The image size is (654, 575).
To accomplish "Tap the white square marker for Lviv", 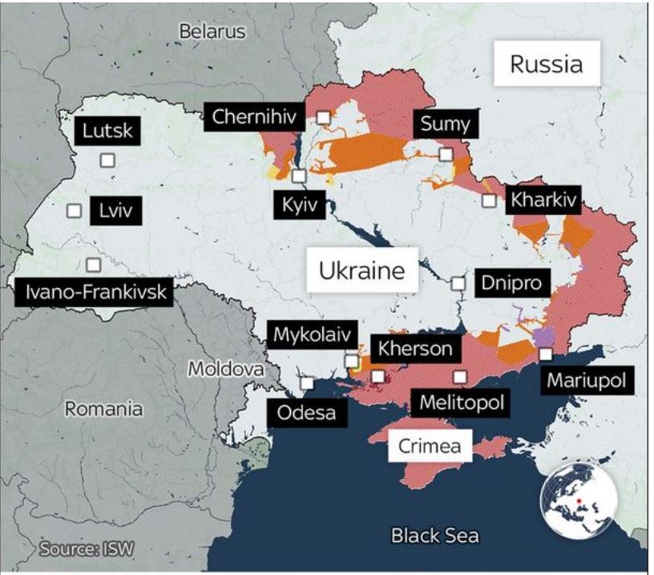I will point(75,211).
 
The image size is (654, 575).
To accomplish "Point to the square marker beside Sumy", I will point(446,154).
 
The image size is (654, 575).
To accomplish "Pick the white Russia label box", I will point(546,64).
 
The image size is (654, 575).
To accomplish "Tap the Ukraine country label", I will point(361,271).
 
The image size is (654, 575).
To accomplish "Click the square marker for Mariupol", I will point(546,354).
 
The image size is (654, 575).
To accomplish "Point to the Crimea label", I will point(430,445).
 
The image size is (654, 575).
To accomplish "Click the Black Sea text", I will point(434,535).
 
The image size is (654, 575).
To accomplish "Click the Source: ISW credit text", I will point(87,549).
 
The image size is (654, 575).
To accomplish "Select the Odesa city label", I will point(308,413).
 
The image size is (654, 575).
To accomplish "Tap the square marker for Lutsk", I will point(107,160).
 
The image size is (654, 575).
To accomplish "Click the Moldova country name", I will point(226,370).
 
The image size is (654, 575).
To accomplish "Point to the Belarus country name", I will point(212,32).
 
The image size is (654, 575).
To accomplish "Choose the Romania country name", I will point(103,409).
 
